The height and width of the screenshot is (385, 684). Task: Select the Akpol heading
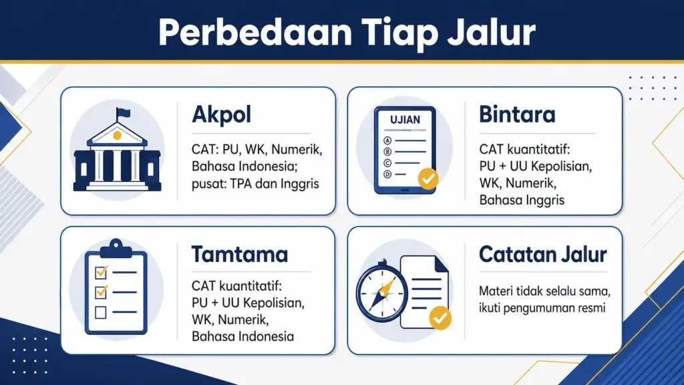(x=221, y=115)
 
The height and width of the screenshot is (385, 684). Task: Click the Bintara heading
(x=517, y=115)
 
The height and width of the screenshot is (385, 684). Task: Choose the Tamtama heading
(x=240, y=254)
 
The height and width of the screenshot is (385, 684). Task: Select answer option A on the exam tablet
(x=386, y=140)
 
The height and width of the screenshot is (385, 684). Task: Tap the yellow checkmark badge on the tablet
(x=427, y=178)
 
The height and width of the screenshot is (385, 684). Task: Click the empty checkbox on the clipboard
(x=101, y=311)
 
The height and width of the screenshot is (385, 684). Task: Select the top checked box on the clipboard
(x=101, y=272)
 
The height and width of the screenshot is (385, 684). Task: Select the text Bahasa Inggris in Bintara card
(x=522, y=199)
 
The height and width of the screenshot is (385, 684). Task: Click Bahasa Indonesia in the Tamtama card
(x=242, y=336)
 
